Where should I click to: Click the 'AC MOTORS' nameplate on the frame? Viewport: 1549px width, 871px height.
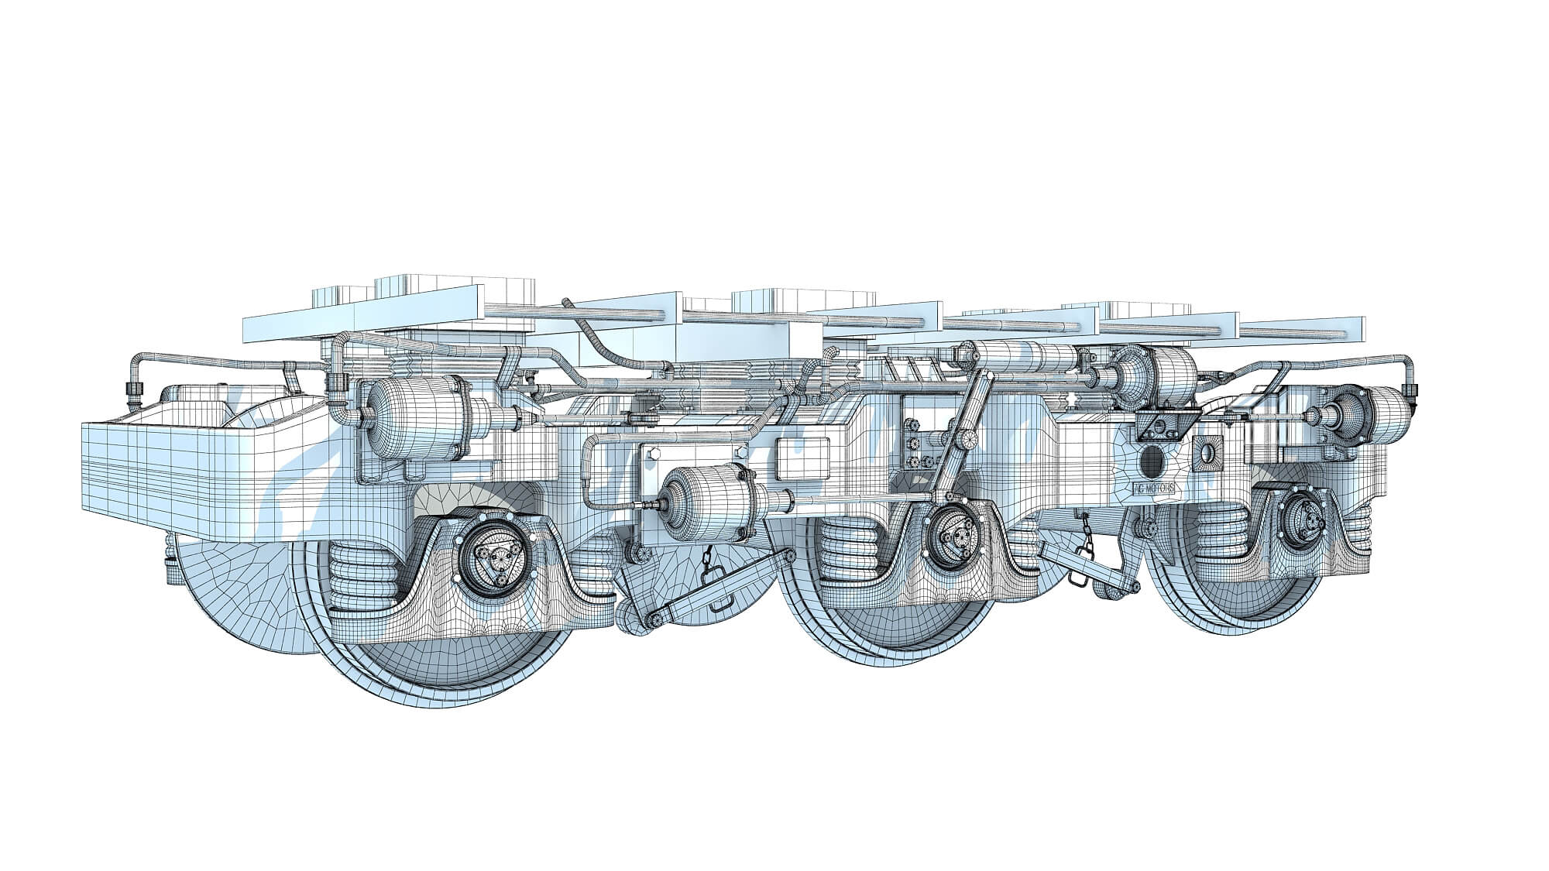click(x=1154, y=489)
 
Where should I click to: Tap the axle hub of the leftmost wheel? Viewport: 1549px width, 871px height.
click(x=492, y=556)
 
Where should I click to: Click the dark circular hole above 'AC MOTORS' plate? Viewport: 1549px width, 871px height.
click(x=1152, y=461)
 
